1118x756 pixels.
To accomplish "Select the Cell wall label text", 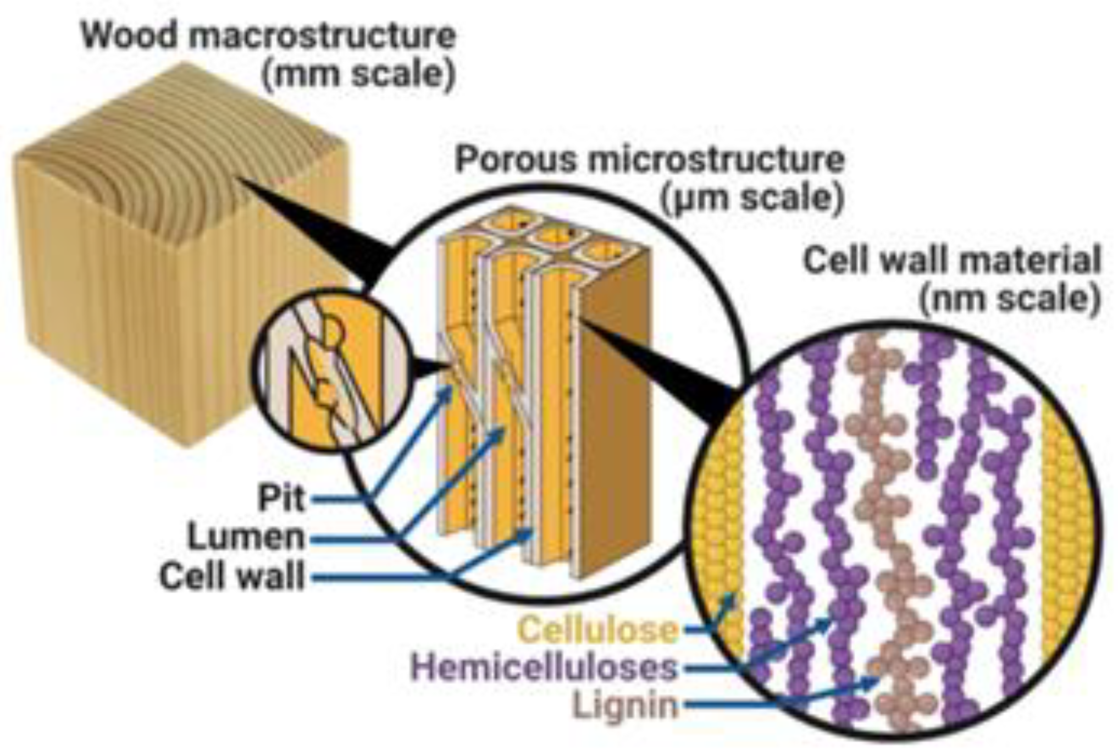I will [231, 577].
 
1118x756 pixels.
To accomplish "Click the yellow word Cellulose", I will [598, 630].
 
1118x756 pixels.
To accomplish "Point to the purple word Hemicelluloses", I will [544, 667].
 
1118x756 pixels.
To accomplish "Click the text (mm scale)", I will [358, 74].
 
